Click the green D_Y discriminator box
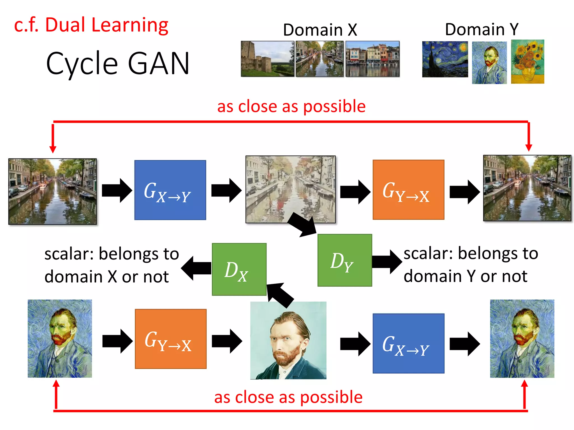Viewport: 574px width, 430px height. (x=344, y=260)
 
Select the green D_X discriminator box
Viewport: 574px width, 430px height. (x=239, y=269)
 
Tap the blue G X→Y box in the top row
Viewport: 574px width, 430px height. (x=170, y=190)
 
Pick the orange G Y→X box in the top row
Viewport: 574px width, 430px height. (x=408, y=190)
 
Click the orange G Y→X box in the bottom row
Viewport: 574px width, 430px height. (x=170, y=339)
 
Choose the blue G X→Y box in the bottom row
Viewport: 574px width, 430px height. (x=408, y=343)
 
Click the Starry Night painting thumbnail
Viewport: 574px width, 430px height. (x=445, y=59)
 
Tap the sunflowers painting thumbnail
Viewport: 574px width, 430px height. (x=527, y=62)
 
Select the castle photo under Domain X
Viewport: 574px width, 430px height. (x=267, y=59)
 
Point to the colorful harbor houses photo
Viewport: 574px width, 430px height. (x=372, y=59)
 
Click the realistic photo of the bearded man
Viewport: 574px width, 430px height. (x=288, y=340)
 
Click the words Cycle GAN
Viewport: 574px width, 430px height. (x=118, y=64)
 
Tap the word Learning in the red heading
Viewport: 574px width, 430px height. (x=129, y=25)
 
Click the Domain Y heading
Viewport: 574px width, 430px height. (x=482, y=29)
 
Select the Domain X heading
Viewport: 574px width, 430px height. (x=320, y=30)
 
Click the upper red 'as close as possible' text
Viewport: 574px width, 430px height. (x=291, y=106)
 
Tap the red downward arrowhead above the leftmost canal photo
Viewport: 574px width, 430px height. (x=53, y=149)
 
